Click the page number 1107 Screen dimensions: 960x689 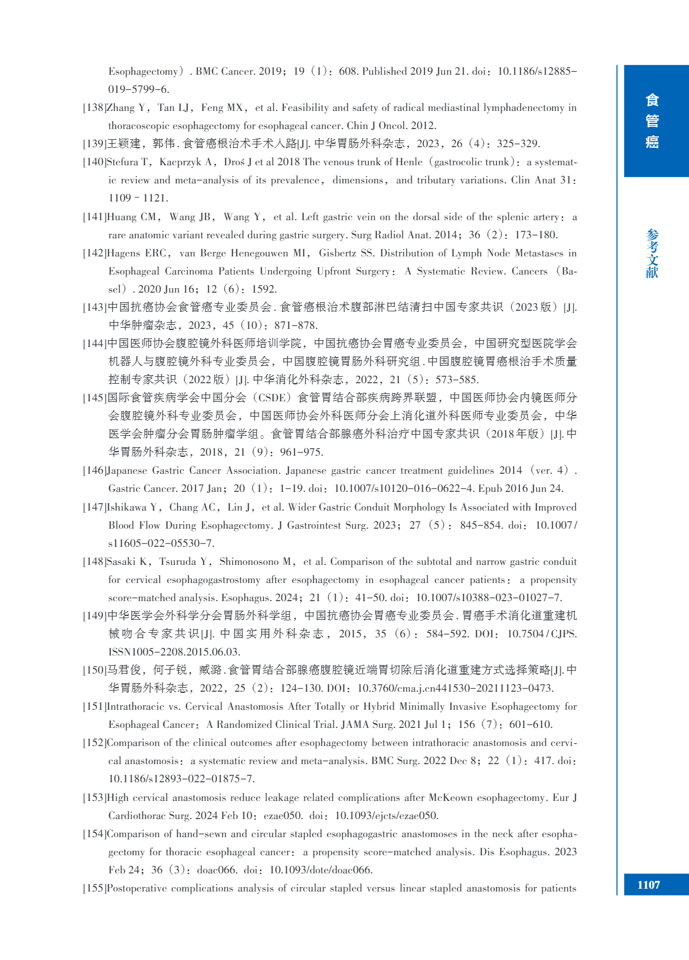648,885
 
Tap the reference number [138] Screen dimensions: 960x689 94,108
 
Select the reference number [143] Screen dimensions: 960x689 94,307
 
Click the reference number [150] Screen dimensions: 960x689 94,670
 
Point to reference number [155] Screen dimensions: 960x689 94,888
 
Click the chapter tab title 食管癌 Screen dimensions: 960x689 652,121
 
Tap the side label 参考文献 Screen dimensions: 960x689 652,254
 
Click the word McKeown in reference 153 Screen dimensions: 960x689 450,798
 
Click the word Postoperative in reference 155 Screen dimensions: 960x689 136,888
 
